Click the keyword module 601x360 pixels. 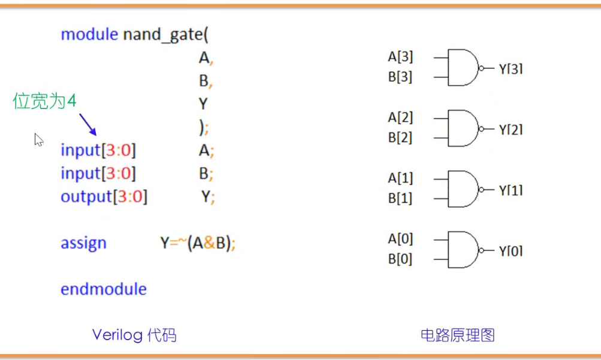click(x=89, y=34)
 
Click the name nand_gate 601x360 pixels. click(x=162, y=34)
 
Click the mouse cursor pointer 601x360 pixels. click(x=38, y=140)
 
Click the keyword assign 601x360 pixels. click(x=83, y=243)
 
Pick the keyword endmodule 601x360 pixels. click(x=103, y=289)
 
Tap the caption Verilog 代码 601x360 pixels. click(x=134, y=335)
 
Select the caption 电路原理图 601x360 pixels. click(x=458, y=335)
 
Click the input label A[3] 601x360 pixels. click(x=400, y=58)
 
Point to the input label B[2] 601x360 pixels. click(x=400, y=138)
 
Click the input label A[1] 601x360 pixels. click(x=400, y=179)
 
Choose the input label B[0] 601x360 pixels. click(x=400, y=260)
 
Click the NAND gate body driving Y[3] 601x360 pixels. click(x=463, y=68)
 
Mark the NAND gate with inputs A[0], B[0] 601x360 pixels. click(x=463, y=250)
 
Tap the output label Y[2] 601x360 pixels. click(x=511, y=129)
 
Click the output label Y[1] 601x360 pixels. click(x=511, y=190)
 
